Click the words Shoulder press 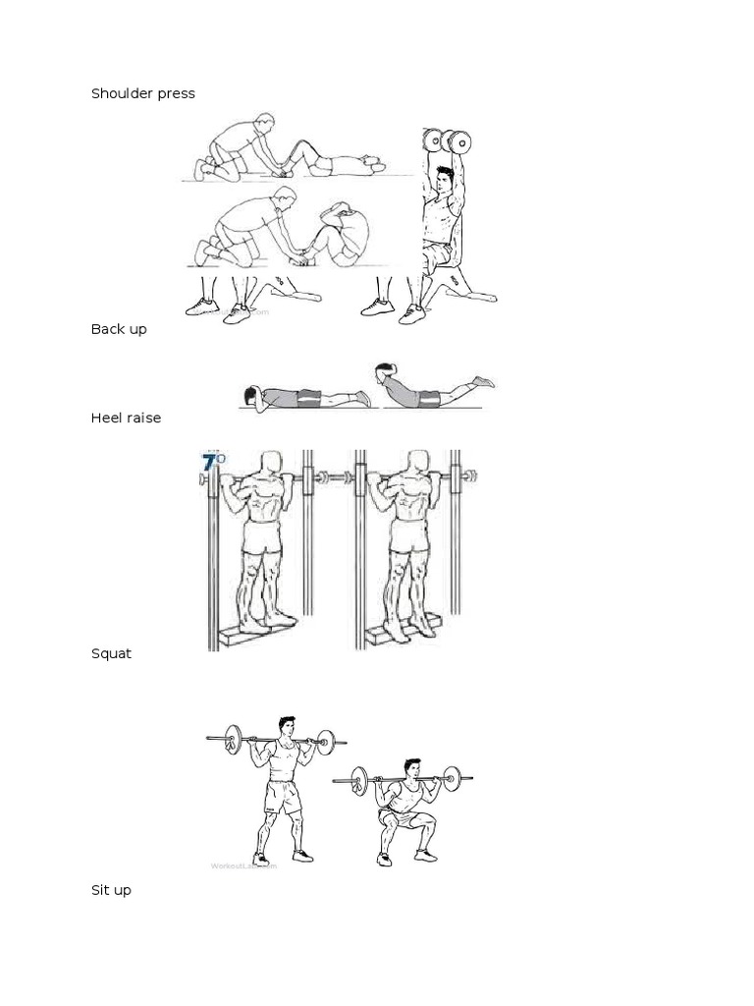coord(142,93)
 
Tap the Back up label coord(119,329)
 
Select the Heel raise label coord(126,418)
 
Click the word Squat coord(111,653)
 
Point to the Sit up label coord(111,890)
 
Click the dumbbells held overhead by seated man coord(444,140)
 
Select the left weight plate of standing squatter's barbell coord(233,739)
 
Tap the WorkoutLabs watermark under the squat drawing coord(243,866)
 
